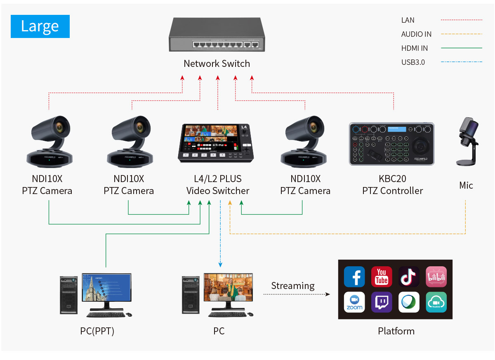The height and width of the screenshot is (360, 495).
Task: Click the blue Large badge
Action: coord(40,26)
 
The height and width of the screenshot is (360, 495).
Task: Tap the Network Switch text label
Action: coord(217,64)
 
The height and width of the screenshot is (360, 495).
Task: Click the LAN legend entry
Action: coord(408,20)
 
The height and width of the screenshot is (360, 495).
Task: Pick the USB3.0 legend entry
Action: coord(413,62)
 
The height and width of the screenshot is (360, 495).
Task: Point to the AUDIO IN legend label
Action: coord(416,34)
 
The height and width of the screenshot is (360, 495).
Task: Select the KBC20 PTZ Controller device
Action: coord(391,144)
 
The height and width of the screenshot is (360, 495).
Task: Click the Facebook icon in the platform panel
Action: coord(354,277)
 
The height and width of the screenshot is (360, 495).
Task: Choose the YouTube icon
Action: coord(382,277)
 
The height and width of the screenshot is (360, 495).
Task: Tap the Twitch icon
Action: coord(382,302)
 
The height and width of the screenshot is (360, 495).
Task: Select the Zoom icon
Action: coord(354,302)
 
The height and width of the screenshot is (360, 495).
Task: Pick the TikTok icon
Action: coord(409,277)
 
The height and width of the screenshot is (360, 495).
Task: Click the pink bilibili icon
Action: coord(436,277)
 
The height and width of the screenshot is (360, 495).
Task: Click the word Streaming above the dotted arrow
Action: coord(292,286)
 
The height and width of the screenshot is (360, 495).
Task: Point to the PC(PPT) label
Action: coord(97,331)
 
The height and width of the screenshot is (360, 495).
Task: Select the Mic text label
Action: coord(466,185)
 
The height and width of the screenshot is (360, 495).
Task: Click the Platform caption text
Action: coord(396,331)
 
